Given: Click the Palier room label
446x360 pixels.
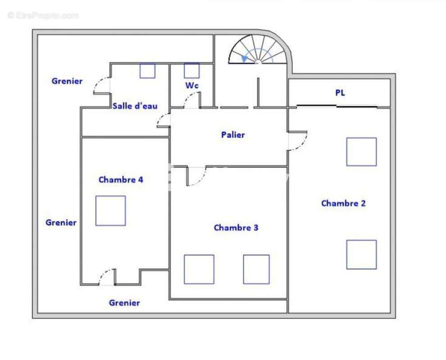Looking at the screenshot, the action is pos(233,135).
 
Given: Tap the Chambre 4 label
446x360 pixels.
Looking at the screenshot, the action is pos(121,180).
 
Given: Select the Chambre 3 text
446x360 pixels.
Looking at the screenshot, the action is pos(236,228).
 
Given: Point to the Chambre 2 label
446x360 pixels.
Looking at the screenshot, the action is pos(343,203).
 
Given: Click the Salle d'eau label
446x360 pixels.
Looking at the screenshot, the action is pos(135,106).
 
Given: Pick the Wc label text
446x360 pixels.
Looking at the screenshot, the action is pos(192,85).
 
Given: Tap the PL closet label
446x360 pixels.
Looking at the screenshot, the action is pos(340,93).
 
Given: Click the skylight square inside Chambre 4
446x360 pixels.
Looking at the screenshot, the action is pos(111,211).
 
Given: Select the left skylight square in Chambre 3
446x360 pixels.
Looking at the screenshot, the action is pos(199,270).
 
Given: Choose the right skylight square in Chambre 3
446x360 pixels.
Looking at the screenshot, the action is pos(256,270).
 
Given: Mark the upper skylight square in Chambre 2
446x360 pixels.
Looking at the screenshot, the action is pos(361,152).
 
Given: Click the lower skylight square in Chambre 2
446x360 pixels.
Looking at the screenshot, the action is pos(361,255).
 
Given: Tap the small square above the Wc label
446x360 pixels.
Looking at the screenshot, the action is pos(192,71).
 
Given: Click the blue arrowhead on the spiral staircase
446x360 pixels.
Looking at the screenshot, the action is pos(244,59).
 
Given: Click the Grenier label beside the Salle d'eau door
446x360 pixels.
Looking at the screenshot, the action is pos(67,81).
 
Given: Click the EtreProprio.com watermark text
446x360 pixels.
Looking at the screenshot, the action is pos(43,15).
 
